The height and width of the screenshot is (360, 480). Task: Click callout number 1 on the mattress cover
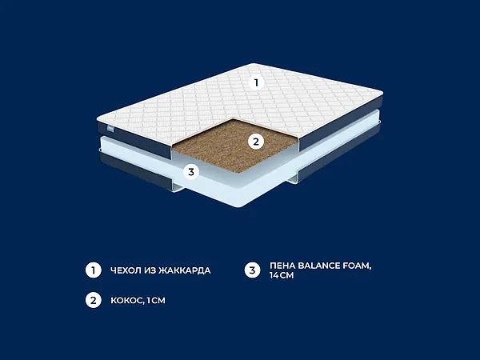(x=256, y=82)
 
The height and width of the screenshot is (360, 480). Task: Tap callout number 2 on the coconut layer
(x=256, y=142)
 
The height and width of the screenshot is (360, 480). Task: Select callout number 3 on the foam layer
(x=191, y=172)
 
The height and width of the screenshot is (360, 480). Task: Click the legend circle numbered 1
(x=94, y=270)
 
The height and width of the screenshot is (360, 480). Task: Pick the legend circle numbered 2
(x=94, y=300)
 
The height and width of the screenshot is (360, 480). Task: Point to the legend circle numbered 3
(x=252, y=270)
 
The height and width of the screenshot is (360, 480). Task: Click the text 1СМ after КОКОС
(x=156, y=300)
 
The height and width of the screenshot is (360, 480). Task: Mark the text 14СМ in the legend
(x=282, y=275)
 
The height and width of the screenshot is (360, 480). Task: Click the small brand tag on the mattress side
(x=110, y=129)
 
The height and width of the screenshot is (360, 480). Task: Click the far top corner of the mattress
(x=254, y=64)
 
